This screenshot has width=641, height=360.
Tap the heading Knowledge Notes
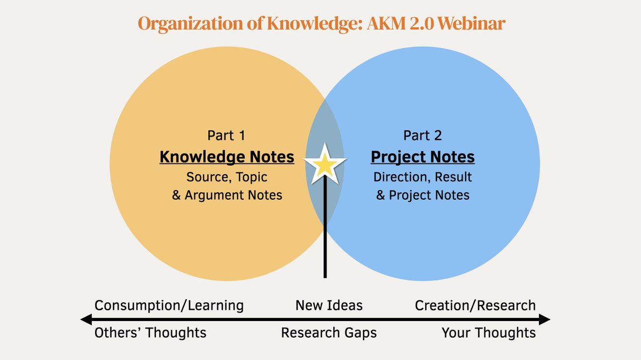click(x=227, y=157)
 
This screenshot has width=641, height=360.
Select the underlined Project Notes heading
click(x=423, y=157)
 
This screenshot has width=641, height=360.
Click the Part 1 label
click(x=226, y=136)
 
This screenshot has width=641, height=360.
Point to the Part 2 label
click(x=423, y=136)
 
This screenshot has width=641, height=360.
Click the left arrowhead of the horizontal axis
click(x=85, y=319)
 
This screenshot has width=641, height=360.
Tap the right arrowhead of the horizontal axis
click(x=545, y=319)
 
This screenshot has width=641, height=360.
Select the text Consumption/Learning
click(x=169, y=306)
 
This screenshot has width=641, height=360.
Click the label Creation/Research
click(x=475, y=306)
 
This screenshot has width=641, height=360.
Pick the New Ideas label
click(x=329, y=306)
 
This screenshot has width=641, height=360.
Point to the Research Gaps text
click(x=329, y=333)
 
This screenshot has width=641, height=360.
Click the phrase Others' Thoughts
click(x=150, y=333)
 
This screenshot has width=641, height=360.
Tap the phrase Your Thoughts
click(x=488, y=333)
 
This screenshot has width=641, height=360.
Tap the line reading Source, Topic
click(x=226, y=177)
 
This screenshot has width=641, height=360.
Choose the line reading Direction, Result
click(x=423, y=177)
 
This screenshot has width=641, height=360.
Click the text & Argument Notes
click(x=226, y=195)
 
